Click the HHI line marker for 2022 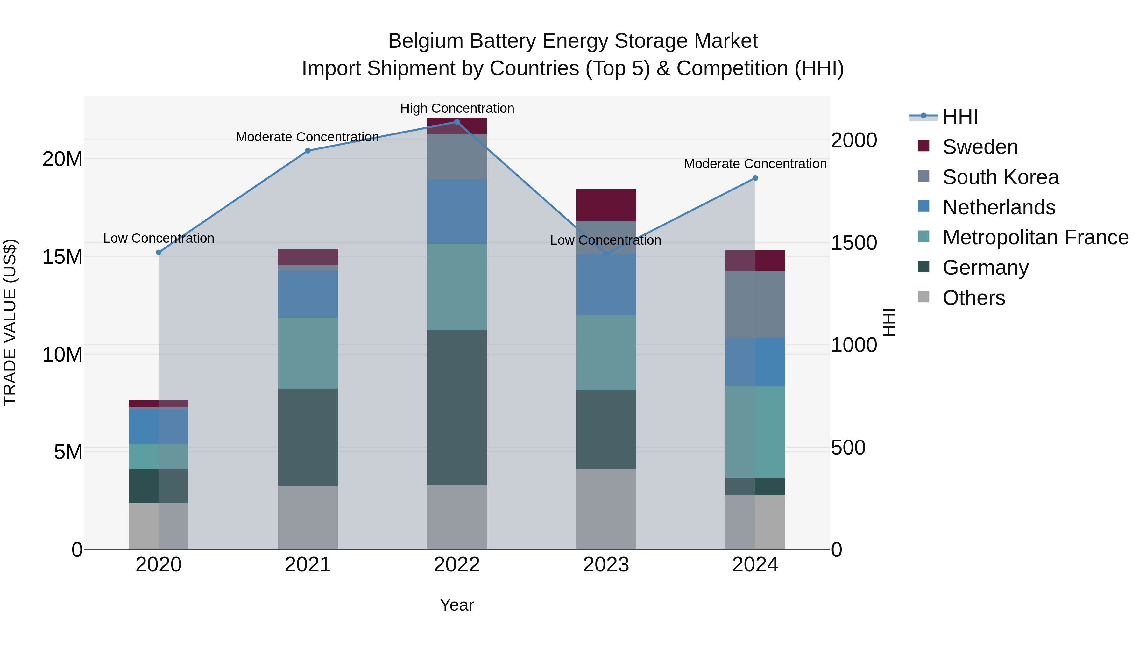click(x=456, y=122)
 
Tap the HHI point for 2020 click(x=159, y=252)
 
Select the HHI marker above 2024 click(x=755, y=178)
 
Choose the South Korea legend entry click(x=1000, y=177)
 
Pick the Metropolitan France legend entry click(x=1035, y=237)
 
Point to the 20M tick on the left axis click(x=62, y=159)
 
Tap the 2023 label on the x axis click(x=605, y=565)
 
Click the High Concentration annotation click(x=457, y=108)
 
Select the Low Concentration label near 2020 click(x=159, y=238)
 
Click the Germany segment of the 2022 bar click(x=456, y=407)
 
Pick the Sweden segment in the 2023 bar click(x=605, y=205)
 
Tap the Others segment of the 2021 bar click(x=308, y=517)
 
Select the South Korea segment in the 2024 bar click(x=755, y=305)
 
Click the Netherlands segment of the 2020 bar click(x=159, y=426)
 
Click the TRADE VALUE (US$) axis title click(x=10, y=322)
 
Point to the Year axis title click(x=456, y=605)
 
